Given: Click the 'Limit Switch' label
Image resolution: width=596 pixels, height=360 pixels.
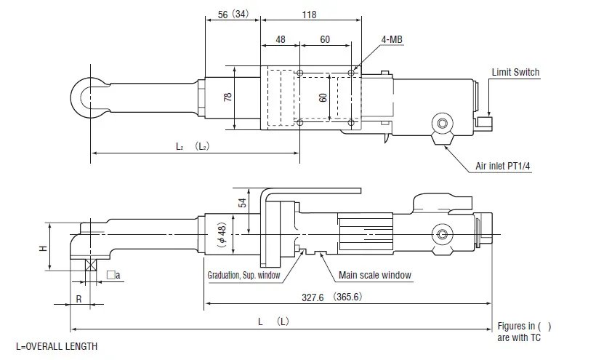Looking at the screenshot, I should click(515, 72).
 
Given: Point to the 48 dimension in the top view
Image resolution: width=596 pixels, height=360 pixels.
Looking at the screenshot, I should click(281, 40).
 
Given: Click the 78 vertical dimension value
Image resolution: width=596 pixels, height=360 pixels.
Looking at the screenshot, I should click(227, 96).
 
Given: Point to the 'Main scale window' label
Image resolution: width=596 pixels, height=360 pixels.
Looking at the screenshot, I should click(375, 276).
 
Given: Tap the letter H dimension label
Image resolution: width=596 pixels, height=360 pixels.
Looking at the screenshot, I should click(43, 247).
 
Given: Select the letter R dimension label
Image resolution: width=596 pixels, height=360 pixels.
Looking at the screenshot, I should click(78, 298).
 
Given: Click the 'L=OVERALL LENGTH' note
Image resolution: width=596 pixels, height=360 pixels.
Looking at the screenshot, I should click(57, 346).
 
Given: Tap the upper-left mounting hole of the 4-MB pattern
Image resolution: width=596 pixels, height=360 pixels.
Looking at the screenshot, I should click(299, 73).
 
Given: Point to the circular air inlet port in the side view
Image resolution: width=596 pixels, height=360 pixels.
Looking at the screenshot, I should click(441, 234).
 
